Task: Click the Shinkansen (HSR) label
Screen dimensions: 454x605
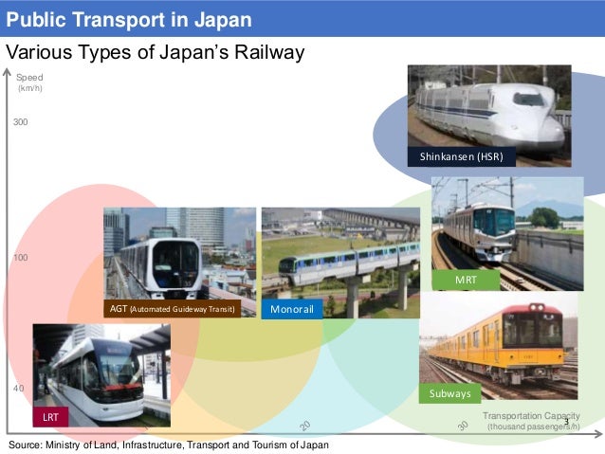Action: coord(461,156)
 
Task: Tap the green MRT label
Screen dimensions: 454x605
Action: coord(466,280)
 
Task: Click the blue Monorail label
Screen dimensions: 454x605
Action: coord(292,309)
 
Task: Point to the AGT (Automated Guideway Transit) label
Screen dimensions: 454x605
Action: coord(172,309)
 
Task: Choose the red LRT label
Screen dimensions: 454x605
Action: coord(50,416)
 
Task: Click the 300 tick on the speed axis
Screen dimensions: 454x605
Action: coord(21,123)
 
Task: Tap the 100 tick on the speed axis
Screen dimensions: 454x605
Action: coord(21,258)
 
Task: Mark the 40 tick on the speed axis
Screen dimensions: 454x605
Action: coord(19,389)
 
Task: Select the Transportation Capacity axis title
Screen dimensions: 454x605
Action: coord(531,421)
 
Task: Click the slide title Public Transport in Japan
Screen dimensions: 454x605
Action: coord(130,19)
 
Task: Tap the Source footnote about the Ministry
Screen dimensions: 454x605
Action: coord(169,444)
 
